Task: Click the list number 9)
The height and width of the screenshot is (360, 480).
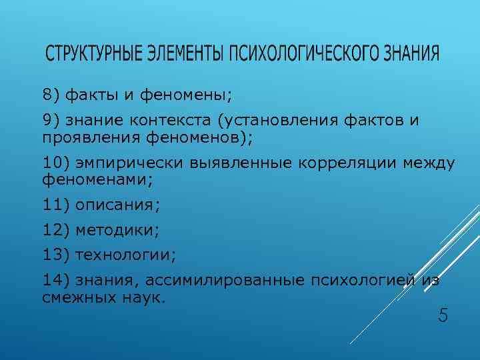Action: [x=51, y=120]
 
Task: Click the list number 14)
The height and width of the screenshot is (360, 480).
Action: [x=56, y=281]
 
